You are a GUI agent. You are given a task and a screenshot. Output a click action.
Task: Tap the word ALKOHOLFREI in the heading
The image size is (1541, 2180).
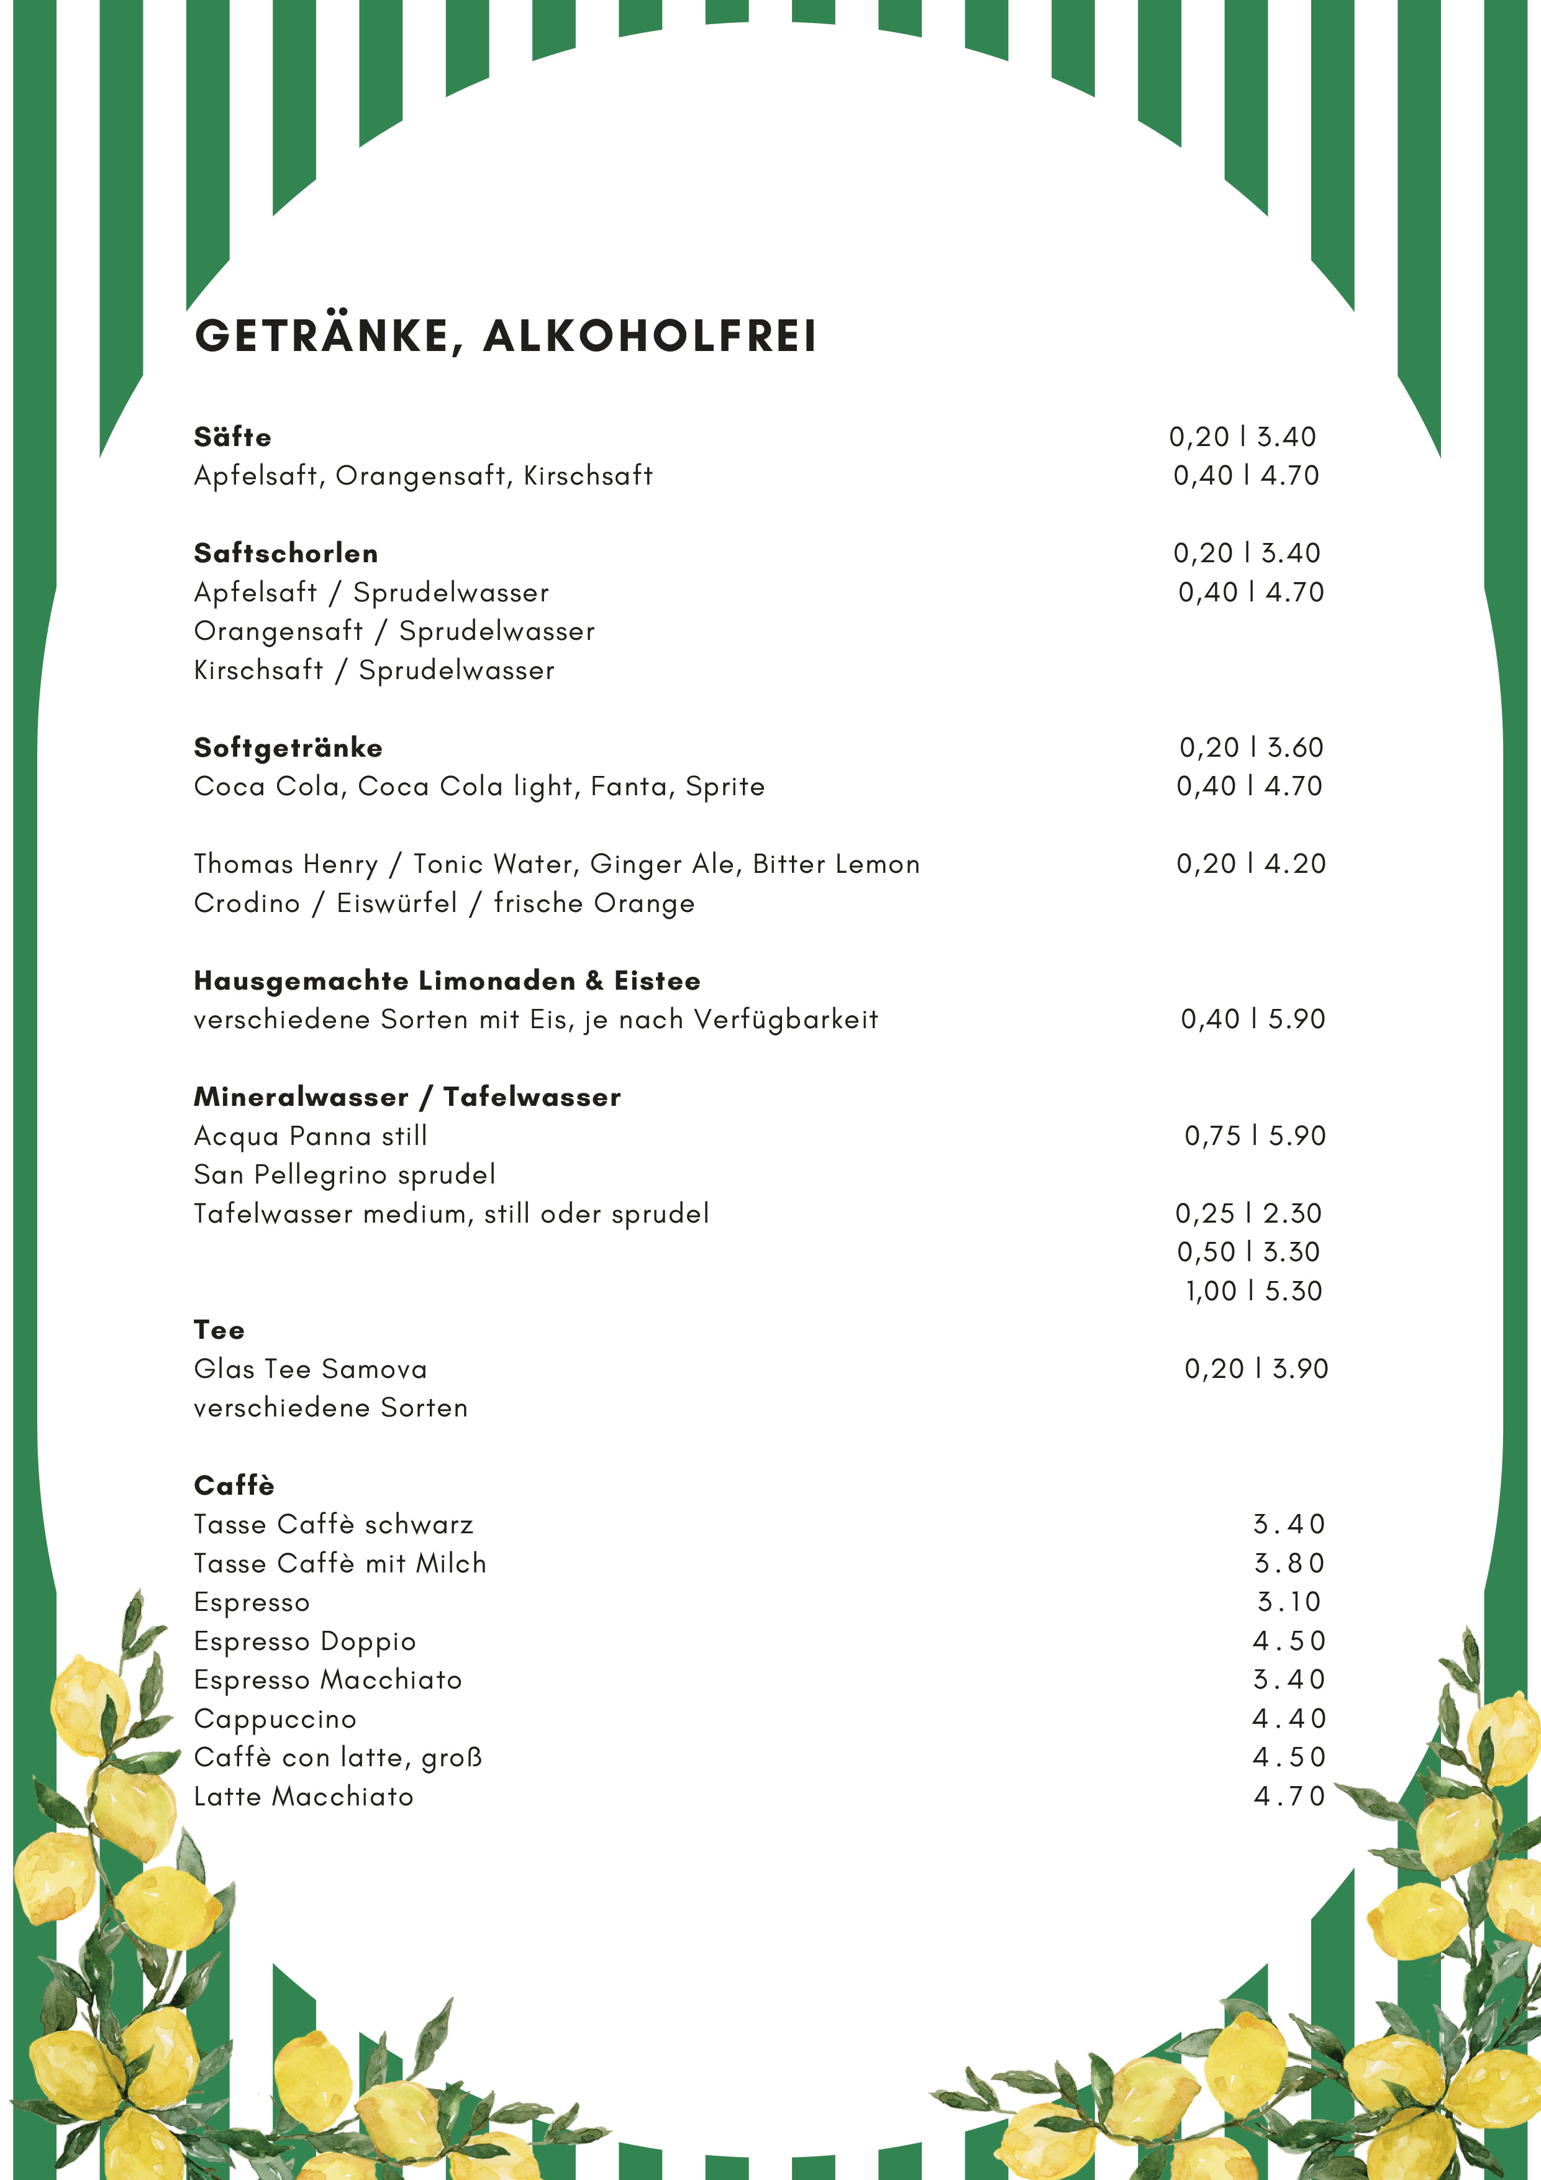(650, 336)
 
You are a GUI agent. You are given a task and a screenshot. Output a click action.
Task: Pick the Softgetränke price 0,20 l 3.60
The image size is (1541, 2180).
(1250, 747)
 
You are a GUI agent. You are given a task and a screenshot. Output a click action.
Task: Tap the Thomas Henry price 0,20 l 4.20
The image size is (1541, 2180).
(1250, 864)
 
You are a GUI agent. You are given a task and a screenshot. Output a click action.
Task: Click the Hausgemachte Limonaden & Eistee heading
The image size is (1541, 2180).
(446, 981)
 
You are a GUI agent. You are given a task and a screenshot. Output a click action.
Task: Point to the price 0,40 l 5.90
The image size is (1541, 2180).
(1252, 1019)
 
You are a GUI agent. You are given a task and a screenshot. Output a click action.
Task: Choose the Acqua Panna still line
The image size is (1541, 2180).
(311, 1136)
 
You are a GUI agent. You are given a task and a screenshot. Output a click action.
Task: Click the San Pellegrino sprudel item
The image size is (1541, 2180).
(343, 1175)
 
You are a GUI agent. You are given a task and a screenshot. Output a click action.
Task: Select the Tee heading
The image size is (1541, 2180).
(219, 1330)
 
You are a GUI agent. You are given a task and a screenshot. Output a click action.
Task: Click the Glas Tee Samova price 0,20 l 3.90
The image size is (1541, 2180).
(1255, 1369)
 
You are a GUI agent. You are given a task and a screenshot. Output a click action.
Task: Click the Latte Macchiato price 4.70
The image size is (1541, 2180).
(1288, 1797)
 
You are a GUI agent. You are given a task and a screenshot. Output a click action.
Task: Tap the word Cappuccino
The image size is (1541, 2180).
(275, 1720)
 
